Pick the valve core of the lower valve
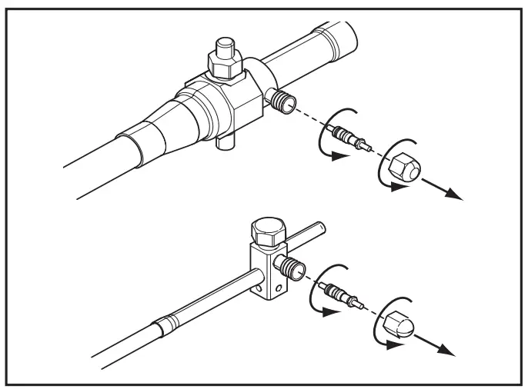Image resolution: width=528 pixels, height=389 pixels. click(345, 295)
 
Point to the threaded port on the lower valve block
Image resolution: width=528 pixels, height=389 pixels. click(292, 268)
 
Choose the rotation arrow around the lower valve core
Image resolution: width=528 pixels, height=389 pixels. click(326, 295)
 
